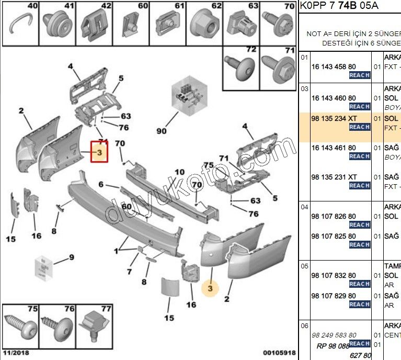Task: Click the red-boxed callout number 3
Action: pos(99,152)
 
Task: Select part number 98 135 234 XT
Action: pos(334,119)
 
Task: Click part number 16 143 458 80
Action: pos(334,67)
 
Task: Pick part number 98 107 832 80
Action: pos(334,276)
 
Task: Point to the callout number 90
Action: pos(162,131)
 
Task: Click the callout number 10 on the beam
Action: pos(179,172)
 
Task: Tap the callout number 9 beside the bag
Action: pos(72,257)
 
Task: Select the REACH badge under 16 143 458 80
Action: pos(360,75)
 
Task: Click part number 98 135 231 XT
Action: pos(334,177)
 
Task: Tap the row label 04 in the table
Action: pos(304,207)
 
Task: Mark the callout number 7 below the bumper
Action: pos(129,272)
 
